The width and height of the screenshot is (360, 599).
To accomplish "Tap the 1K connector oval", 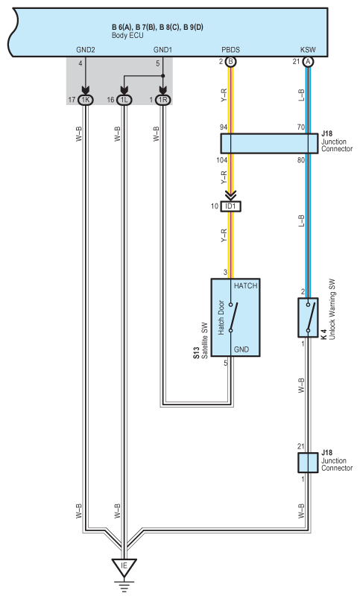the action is click(85, 100).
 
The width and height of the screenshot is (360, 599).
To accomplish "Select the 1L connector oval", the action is click(124, 100).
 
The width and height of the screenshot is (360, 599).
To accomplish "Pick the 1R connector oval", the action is click(162, 100).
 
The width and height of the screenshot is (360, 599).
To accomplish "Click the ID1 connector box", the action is click(231, 206).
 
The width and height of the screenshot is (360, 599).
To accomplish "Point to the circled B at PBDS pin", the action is click(230, 62).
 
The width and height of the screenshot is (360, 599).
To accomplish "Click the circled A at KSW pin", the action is click(308, 62).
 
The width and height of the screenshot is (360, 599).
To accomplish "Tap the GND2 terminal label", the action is click(86, 50).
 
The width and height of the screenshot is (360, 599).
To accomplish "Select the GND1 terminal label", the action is click(162, 50).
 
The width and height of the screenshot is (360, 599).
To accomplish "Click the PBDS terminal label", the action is click(231, 50).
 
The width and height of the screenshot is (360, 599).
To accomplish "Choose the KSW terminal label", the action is click(308, 50).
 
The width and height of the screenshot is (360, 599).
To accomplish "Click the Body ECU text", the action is click(127, 36).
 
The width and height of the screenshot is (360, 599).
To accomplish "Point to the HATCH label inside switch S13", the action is click(246, 286).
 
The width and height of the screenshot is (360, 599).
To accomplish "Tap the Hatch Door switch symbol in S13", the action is click(233, 317).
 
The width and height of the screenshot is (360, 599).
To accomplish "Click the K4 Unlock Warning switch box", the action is click(308, 317).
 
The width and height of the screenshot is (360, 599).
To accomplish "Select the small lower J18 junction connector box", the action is click(308, 463).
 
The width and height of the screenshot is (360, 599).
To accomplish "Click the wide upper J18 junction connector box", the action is click(269, 144).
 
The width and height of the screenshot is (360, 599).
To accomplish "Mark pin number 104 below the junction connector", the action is click(221, 160).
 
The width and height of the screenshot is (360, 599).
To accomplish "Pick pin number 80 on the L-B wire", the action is click(301, 160).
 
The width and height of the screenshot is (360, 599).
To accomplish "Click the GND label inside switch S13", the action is click(241, 349).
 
